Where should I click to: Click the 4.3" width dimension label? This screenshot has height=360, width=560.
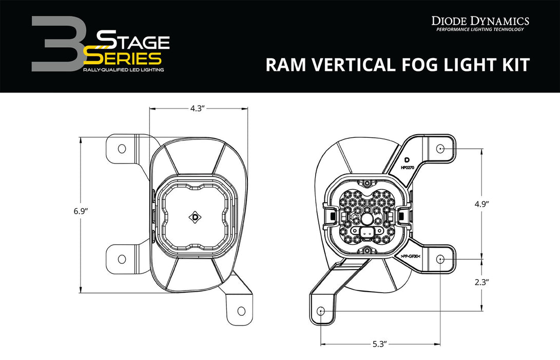(x=198, y=109)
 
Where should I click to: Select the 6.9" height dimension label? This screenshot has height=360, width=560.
(x=81, y=211)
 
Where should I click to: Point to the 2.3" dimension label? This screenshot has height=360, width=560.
(x=481, y=282)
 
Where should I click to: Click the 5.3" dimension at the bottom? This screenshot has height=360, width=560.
(x=380, y=343)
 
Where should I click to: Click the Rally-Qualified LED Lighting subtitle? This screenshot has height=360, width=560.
(x=123, y=69)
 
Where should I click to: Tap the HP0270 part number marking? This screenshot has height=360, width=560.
(x=407, y=168)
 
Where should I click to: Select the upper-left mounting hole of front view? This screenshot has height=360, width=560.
(x=122, y=149)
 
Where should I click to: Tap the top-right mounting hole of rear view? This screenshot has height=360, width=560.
(x=440, y=149)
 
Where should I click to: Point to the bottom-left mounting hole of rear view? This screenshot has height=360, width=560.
(x=321, y=311)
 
